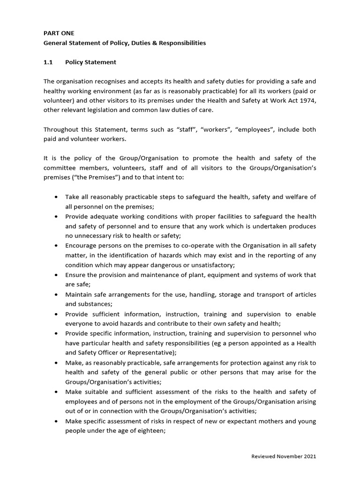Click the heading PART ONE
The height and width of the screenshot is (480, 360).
(x=59, y=33)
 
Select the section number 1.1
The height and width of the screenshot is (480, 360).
(x=48, y=62)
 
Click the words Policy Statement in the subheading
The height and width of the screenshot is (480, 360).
(x=90, y=62)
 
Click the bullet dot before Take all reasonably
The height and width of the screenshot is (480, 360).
(x=57, y=197)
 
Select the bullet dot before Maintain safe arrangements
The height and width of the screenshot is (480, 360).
(x=57, y=295)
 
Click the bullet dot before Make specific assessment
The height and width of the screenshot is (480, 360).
(x=57, y=421)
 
